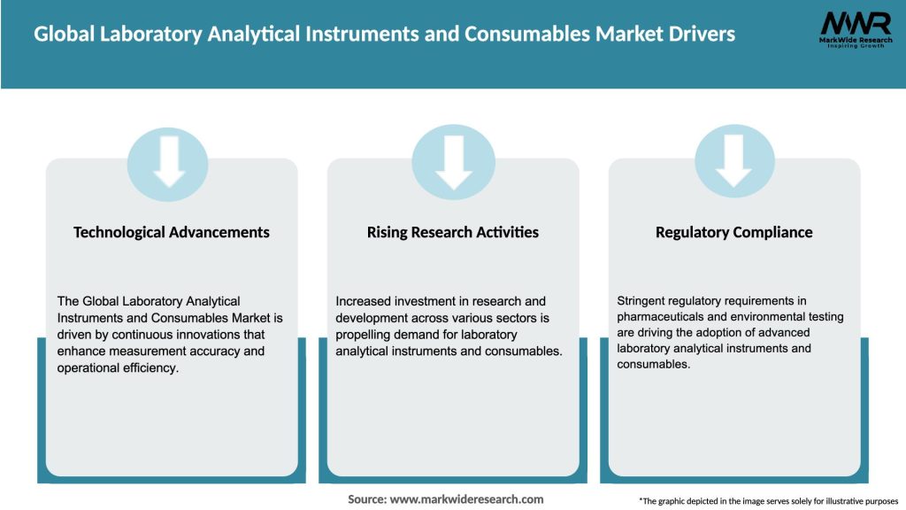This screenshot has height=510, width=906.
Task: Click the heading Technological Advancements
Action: (x=172, y=232)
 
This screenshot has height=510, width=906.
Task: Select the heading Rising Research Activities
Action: (x=453, y=232)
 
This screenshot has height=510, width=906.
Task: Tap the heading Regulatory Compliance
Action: (x=733, y=232)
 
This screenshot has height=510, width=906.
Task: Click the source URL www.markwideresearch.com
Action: (x=466, y=499)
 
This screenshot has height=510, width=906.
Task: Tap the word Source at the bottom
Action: (x=367, y=499)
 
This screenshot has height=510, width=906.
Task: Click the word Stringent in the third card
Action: (x=643, y=301)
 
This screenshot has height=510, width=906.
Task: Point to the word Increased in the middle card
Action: (x=366, y=301)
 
